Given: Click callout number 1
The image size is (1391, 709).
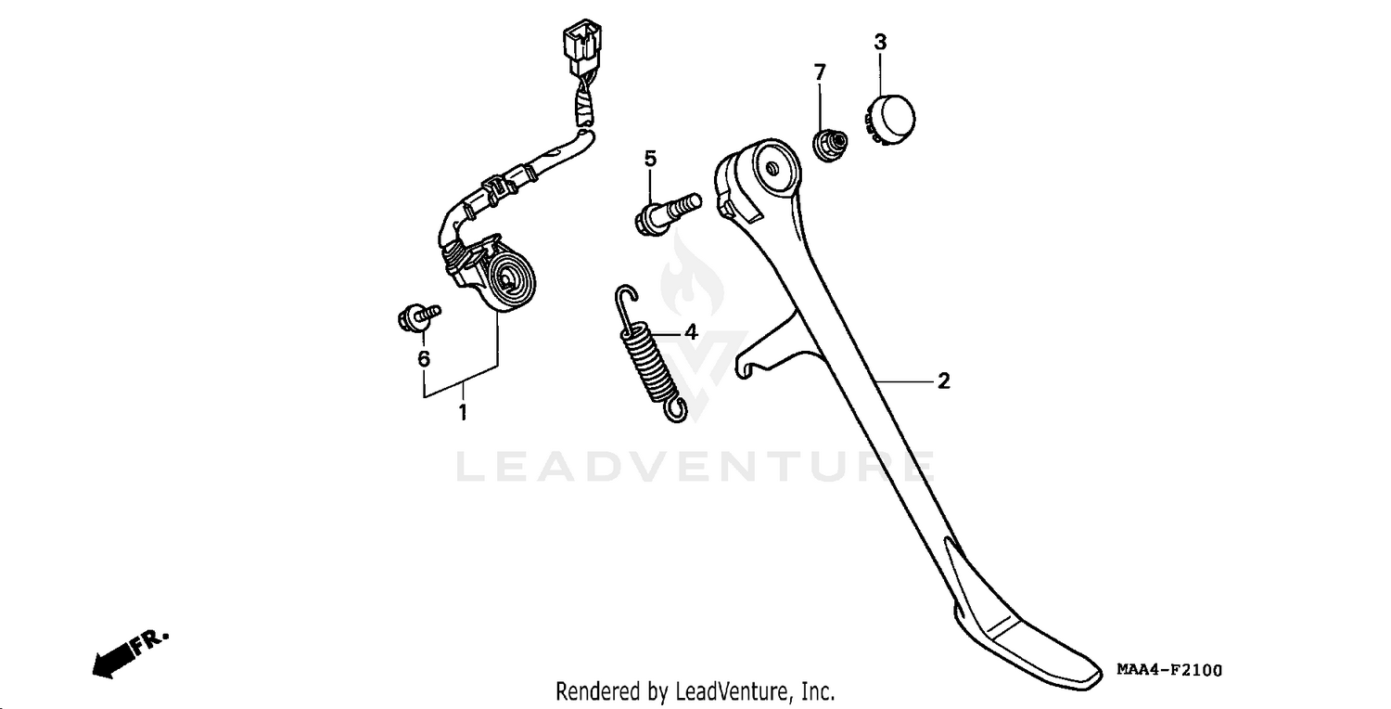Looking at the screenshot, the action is (463, 412).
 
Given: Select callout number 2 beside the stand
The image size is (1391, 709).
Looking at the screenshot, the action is (943, 380).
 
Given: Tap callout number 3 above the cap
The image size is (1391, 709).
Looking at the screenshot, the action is (880, 43).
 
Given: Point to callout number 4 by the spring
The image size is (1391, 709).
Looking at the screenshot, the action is (691, 332).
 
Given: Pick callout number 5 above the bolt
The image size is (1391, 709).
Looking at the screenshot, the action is (650, 159).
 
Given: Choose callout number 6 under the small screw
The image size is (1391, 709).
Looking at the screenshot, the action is (424, 358).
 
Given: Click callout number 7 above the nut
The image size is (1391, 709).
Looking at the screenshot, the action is (821, 72).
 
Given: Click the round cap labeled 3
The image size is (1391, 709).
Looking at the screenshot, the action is (890, 120).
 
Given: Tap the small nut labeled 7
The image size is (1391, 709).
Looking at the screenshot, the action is (830, 145).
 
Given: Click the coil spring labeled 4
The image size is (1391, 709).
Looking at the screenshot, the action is (651, 354).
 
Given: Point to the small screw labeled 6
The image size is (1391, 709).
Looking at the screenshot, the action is (419, 316).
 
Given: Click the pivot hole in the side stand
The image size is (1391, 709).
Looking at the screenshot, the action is (772, 169).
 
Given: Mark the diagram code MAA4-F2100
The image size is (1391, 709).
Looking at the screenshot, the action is (1169, 670).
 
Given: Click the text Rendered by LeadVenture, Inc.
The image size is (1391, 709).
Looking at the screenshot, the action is (695, 691).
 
